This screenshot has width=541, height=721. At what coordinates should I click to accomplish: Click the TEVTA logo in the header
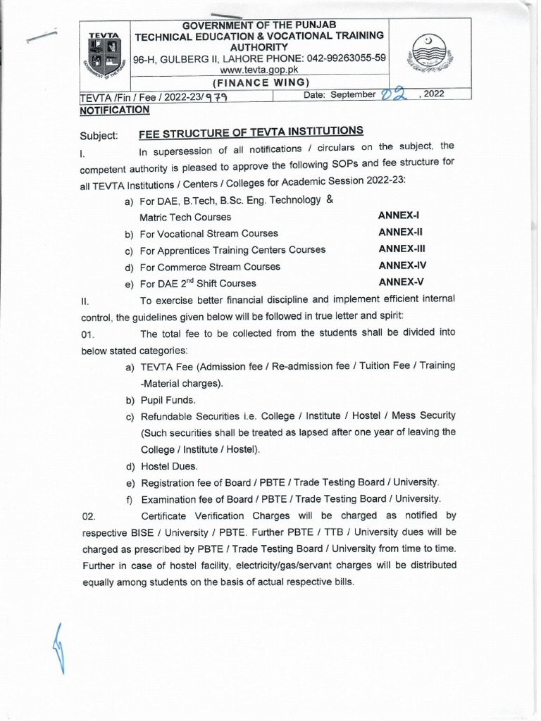tap(105, 56)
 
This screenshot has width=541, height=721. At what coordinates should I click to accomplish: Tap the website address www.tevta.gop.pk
tap(260, 70)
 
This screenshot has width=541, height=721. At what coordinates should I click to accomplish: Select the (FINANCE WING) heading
tap(260, 82)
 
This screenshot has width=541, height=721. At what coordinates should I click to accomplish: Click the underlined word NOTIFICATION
tap(114, 110)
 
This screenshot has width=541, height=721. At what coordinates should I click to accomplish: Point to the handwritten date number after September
tap(395, 95)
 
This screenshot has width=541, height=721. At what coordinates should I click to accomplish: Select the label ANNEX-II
tap(400, 232)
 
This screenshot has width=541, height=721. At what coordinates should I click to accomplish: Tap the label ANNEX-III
tap(402, 249)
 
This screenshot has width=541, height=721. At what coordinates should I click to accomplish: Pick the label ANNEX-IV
tap(402, 265)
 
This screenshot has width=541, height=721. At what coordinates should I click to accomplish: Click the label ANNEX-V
tap(400, 282)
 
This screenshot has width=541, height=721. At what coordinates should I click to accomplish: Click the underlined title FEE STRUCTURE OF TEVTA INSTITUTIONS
tap(251, 131)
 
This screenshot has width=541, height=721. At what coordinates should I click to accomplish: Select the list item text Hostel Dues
tap(169, 466)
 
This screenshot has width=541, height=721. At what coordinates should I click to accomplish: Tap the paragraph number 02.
tap(89, 516)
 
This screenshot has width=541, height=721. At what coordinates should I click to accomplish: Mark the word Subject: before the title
tap(99, 134)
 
